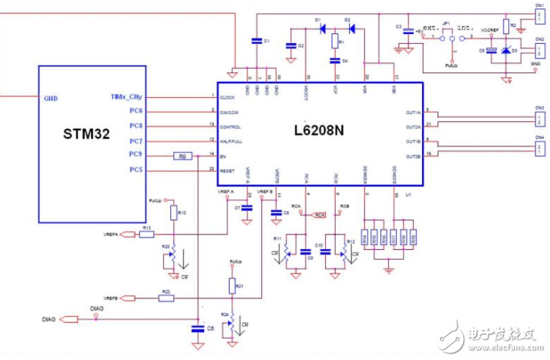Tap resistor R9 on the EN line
click(x=182, y=156)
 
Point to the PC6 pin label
click(x=136, y=112)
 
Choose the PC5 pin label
click(x=136, y=170)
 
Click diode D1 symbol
click(x=319, y=28)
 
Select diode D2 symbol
click(x=349, y=28)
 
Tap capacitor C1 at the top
click(x=256, y=40)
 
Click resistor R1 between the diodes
click(x=334, y=41)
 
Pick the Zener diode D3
click(x=505, y=51)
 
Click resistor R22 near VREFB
click(x=166, y=298)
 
